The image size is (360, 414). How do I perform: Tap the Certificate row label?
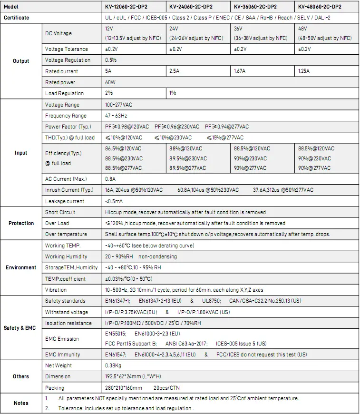(x=17, y=18)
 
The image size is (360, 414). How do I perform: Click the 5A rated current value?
(x=108, y=71)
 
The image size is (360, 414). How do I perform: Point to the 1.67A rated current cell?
(x=240, y=71)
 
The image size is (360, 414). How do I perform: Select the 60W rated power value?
(x=110, y=82)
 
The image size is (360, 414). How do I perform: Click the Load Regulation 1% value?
(x=173, y=93)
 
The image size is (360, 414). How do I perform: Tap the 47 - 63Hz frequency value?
(x=116, y=116)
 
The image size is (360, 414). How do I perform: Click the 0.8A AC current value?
(x=110, y=179)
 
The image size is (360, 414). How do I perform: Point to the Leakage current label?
(x=65, y=201)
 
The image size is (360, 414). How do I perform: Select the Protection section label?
(x=21, y=223)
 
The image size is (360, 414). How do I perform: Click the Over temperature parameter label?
(x=66, y=234)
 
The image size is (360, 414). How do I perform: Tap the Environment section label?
(x=21, y=267)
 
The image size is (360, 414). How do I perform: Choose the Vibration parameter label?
(x=56, y=290)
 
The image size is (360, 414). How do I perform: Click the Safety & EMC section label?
(x=19, y=328)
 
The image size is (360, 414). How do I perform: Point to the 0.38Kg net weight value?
(x=113, y=365)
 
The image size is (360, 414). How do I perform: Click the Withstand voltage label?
(x=67, y=312)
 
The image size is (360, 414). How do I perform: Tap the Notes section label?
(x=21, y=403)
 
